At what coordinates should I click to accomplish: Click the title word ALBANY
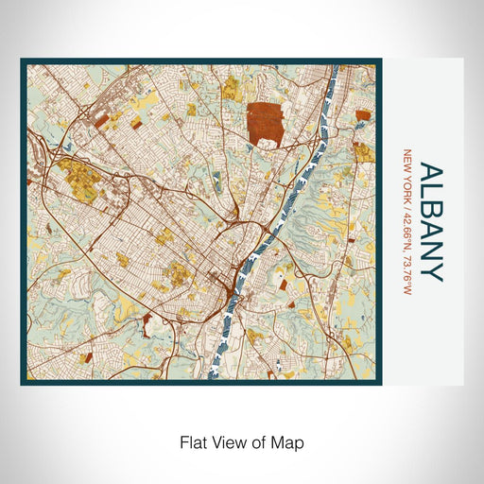coord(430,223)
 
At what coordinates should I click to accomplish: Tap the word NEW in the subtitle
coord(407,162)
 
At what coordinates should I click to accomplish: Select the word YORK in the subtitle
coord(407,185)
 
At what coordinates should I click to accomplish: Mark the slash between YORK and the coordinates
coord(407,200)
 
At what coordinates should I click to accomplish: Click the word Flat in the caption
coord(193,441)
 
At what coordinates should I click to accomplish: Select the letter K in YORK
coord(407,194)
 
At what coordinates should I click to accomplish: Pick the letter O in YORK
coord(407,181)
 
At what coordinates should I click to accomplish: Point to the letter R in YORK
coord(407,188)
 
